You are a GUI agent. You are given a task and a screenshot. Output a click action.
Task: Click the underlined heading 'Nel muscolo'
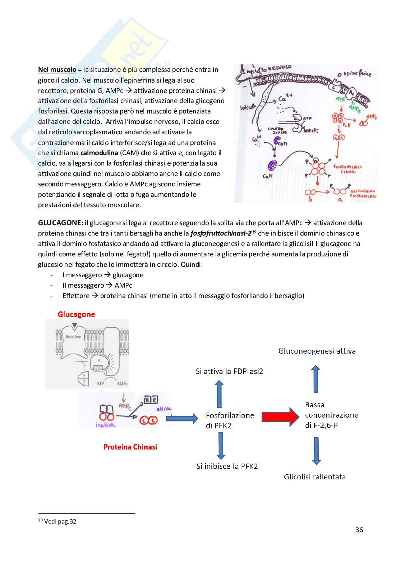click(x=57, y=70)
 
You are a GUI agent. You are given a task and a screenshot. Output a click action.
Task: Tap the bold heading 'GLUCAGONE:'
click(x=60, y=223)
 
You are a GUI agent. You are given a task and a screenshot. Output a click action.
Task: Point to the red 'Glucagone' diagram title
click(x=76, y=314)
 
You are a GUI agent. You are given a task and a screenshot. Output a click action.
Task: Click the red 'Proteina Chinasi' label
click(x=130, y=447)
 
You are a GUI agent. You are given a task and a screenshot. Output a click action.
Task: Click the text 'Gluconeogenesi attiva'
click(x=317, y=351)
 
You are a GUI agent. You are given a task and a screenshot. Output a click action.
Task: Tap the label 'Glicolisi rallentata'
click(x=315, y=477)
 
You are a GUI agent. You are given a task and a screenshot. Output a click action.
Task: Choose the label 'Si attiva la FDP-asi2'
click(x=229, y=371)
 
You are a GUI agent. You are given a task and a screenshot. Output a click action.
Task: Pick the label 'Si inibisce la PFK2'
click(x=227, y=466)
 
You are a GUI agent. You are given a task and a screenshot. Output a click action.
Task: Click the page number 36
click(x=359, y=530)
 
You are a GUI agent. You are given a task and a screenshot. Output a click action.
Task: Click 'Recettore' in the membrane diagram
click(x=73, y=337)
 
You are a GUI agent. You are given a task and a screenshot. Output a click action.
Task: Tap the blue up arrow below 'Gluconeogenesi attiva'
click(x=315, y=379)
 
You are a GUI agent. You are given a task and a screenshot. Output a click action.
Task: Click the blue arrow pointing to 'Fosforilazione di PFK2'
click(x=182, y=418)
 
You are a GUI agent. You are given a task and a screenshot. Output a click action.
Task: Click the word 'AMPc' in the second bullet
click(x=123, y=285)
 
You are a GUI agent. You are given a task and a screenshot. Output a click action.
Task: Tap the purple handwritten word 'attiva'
click(x=163, y=409)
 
